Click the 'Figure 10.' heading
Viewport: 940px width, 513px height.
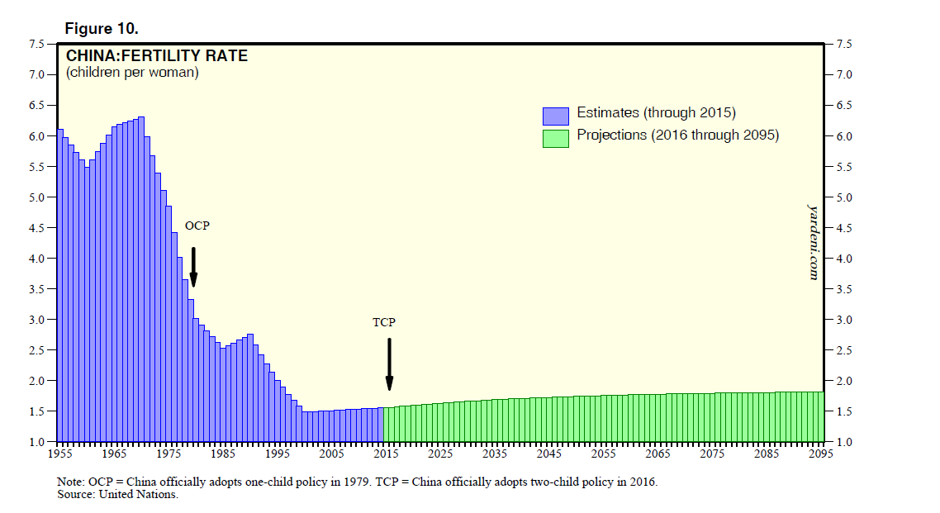coord(102,29)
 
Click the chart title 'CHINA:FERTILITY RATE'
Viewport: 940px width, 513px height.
coord(157,56)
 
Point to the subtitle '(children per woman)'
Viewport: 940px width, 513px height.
coord(132,73)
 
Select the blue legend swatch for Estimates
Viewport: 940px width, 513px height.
coord(556,116)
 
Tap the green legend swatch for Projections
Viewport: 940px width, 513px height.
coord(556,138)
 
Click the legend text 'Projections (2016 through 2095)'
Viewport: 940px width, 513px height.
coord(677,135)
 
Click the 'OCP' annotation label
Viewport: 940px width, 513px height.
coord(197,226)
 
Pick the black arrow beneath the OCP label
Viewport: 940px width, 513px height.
coord(193,267)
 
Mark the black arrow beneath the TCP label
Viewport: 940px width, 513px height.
coord(389,363)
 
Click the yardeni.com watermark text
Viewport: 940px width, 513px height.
coord(813,242)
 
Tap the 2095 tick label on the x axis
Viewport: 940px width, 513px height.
coord(821,454)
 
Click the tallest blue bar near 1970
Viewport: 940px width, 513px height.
coord(141,281)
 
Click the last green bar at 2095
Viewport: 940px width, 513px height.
coord(821,417)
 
